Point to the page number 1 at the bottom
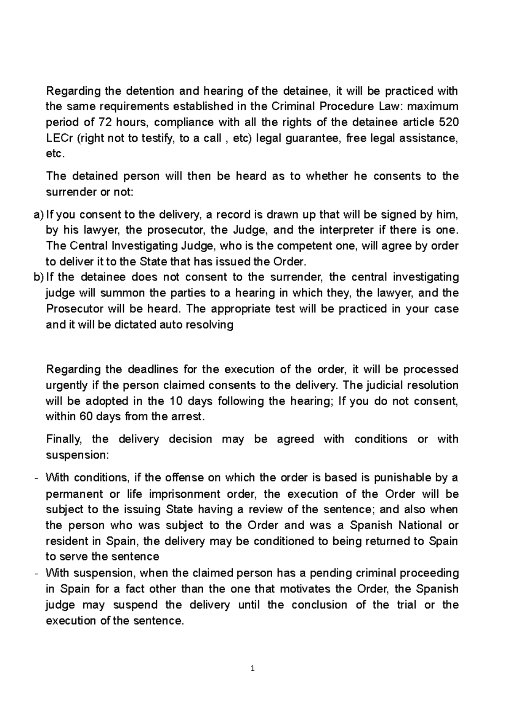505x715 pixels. point(252,668)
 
